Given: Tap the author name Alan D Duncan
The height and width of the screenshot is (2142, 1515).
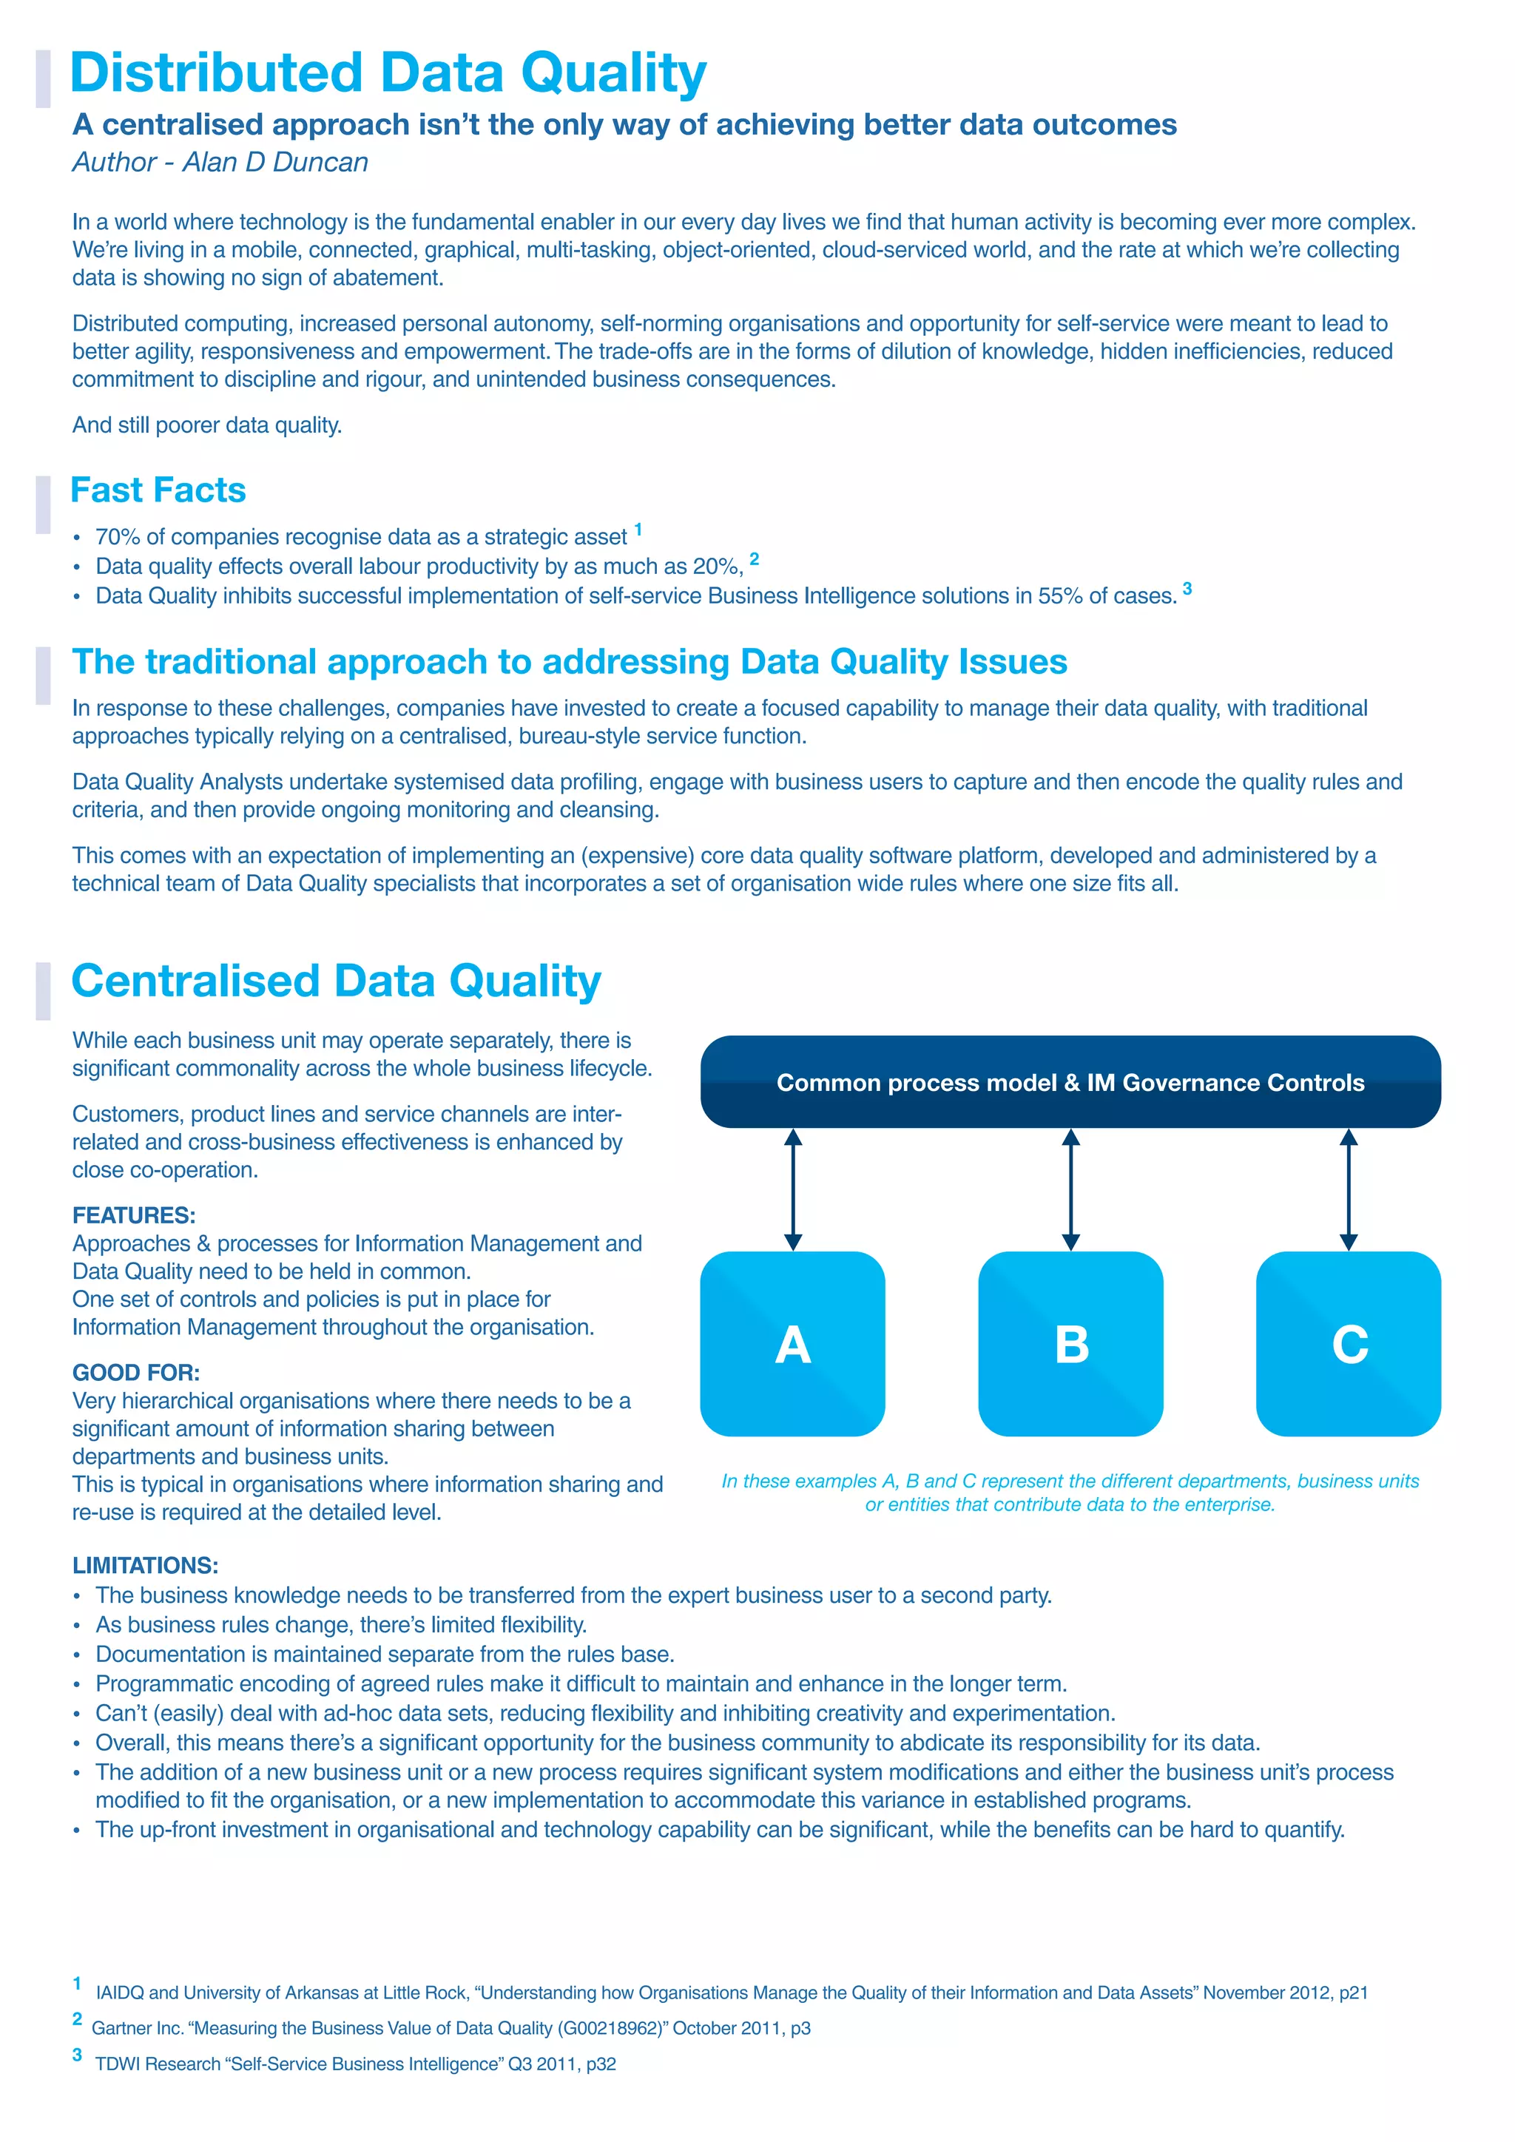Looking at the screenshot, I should (275, 162).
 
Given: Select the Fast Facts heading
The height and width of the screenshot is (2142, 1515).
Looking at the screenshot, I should (158, 490).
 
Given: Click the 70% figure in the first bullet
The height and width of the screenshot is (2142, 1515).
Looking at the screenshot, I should (117, 538).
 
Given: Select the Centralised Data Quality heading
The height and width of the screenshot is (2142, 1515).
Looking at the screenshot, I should (336, 982).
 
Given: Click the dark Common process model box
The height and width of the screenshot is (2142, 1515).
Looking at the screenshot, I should (1069, 1082).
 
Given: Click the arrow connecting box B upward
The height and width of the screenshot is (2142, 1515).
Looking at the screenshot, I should (1070, 1189).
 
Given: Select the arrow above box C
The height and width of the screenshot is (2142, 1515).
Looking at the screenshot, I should (1348, 1189).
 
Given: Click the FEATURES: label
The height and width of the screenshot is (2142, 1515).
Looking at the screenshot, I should (133, 1216).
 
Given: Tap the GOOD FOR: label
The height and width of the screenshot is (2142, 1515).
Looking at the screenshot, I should (135, 1372).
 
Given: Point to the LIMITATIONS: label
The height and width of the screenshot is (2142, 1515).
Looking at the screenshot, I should (144, 1566).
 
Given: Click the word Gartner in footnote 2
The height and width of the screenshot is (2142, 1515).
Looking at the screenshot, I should (122, 2028).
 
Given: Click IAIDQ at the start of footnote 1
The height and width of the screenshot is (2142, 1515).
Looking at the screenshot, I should (119, 1993).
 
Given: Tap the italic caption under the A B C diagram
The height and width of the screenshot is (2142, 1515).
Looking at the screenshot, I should (1069, 1493).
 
